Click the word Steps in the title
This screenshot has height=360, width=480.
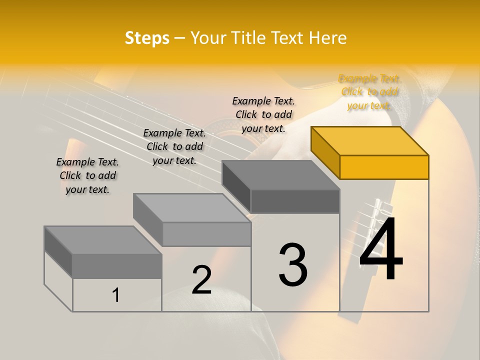click(147, 38)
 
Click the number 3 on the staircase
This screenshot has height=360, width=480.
click(293, 265)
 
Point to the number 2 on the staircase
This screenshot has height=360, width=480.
click(201, 280)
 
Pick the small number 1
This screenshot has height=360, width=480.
click(115, 295)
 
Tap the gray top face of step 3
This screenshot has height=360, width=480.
click(280, 175)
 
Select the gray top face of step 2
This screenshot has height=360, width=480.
click(191, 208)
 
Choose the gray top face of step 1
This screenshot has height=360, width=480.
click(102, 240)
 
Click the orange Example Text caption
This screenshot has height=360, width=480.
click(369, 92)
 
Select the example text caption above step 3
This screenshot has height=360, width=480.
click(263, 114)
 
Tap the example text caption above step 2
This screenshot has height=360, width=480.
click(174, 146)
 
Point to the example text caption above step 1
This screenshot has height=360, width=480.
click(87, 175)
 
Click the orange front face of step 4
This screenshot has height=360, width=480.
click(384, 167)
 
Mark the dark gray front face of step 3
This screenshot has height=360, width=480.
click(295, 201)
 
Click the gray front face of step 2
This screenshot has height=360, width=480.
click(206, 234)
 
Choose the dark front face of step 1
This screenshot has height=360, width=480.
click(116, 266)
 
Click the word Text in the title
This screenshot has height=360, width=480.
click(286, 38)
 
